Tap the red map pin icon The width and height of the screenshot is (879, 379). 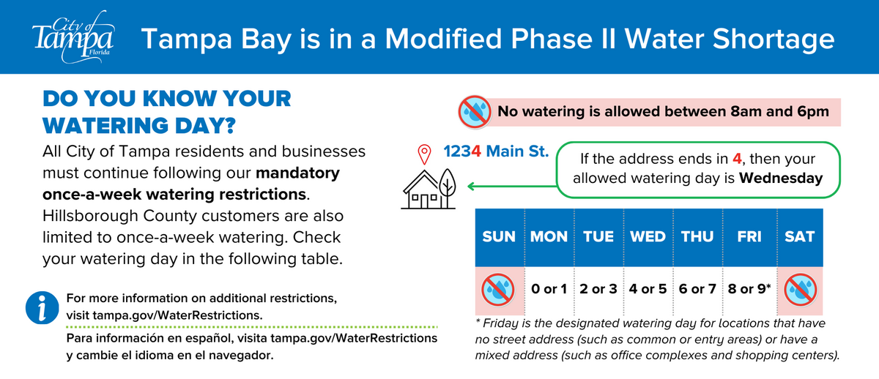coord(423,154)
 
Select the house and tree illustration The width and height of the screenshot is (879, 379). coord(429,187)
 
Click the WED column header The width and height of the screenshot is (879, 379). coord(648,237)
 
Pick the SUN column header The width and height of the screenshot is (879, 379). coord(500,237)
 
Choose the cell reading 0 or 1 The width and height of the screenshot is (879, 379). coord(549,288)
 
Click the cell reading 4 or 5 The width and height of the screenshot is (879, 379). coord(648,288)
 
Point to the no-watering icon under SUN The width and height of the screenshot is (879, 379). coord(500,290)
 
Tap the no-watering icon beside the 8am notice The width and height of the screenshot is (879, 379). coord(475,112)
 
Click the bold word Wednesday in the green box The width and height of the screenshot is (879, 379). coord(780,178)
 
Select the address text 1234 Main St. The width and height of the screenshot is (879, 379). coord(496,153)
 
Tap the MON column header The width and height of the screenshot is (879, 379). coord(549,237)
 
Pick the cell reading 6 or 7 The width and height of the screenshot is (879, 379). coord(697,288)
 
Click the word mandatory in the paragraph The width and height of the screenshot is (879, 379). coord(297,174)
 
